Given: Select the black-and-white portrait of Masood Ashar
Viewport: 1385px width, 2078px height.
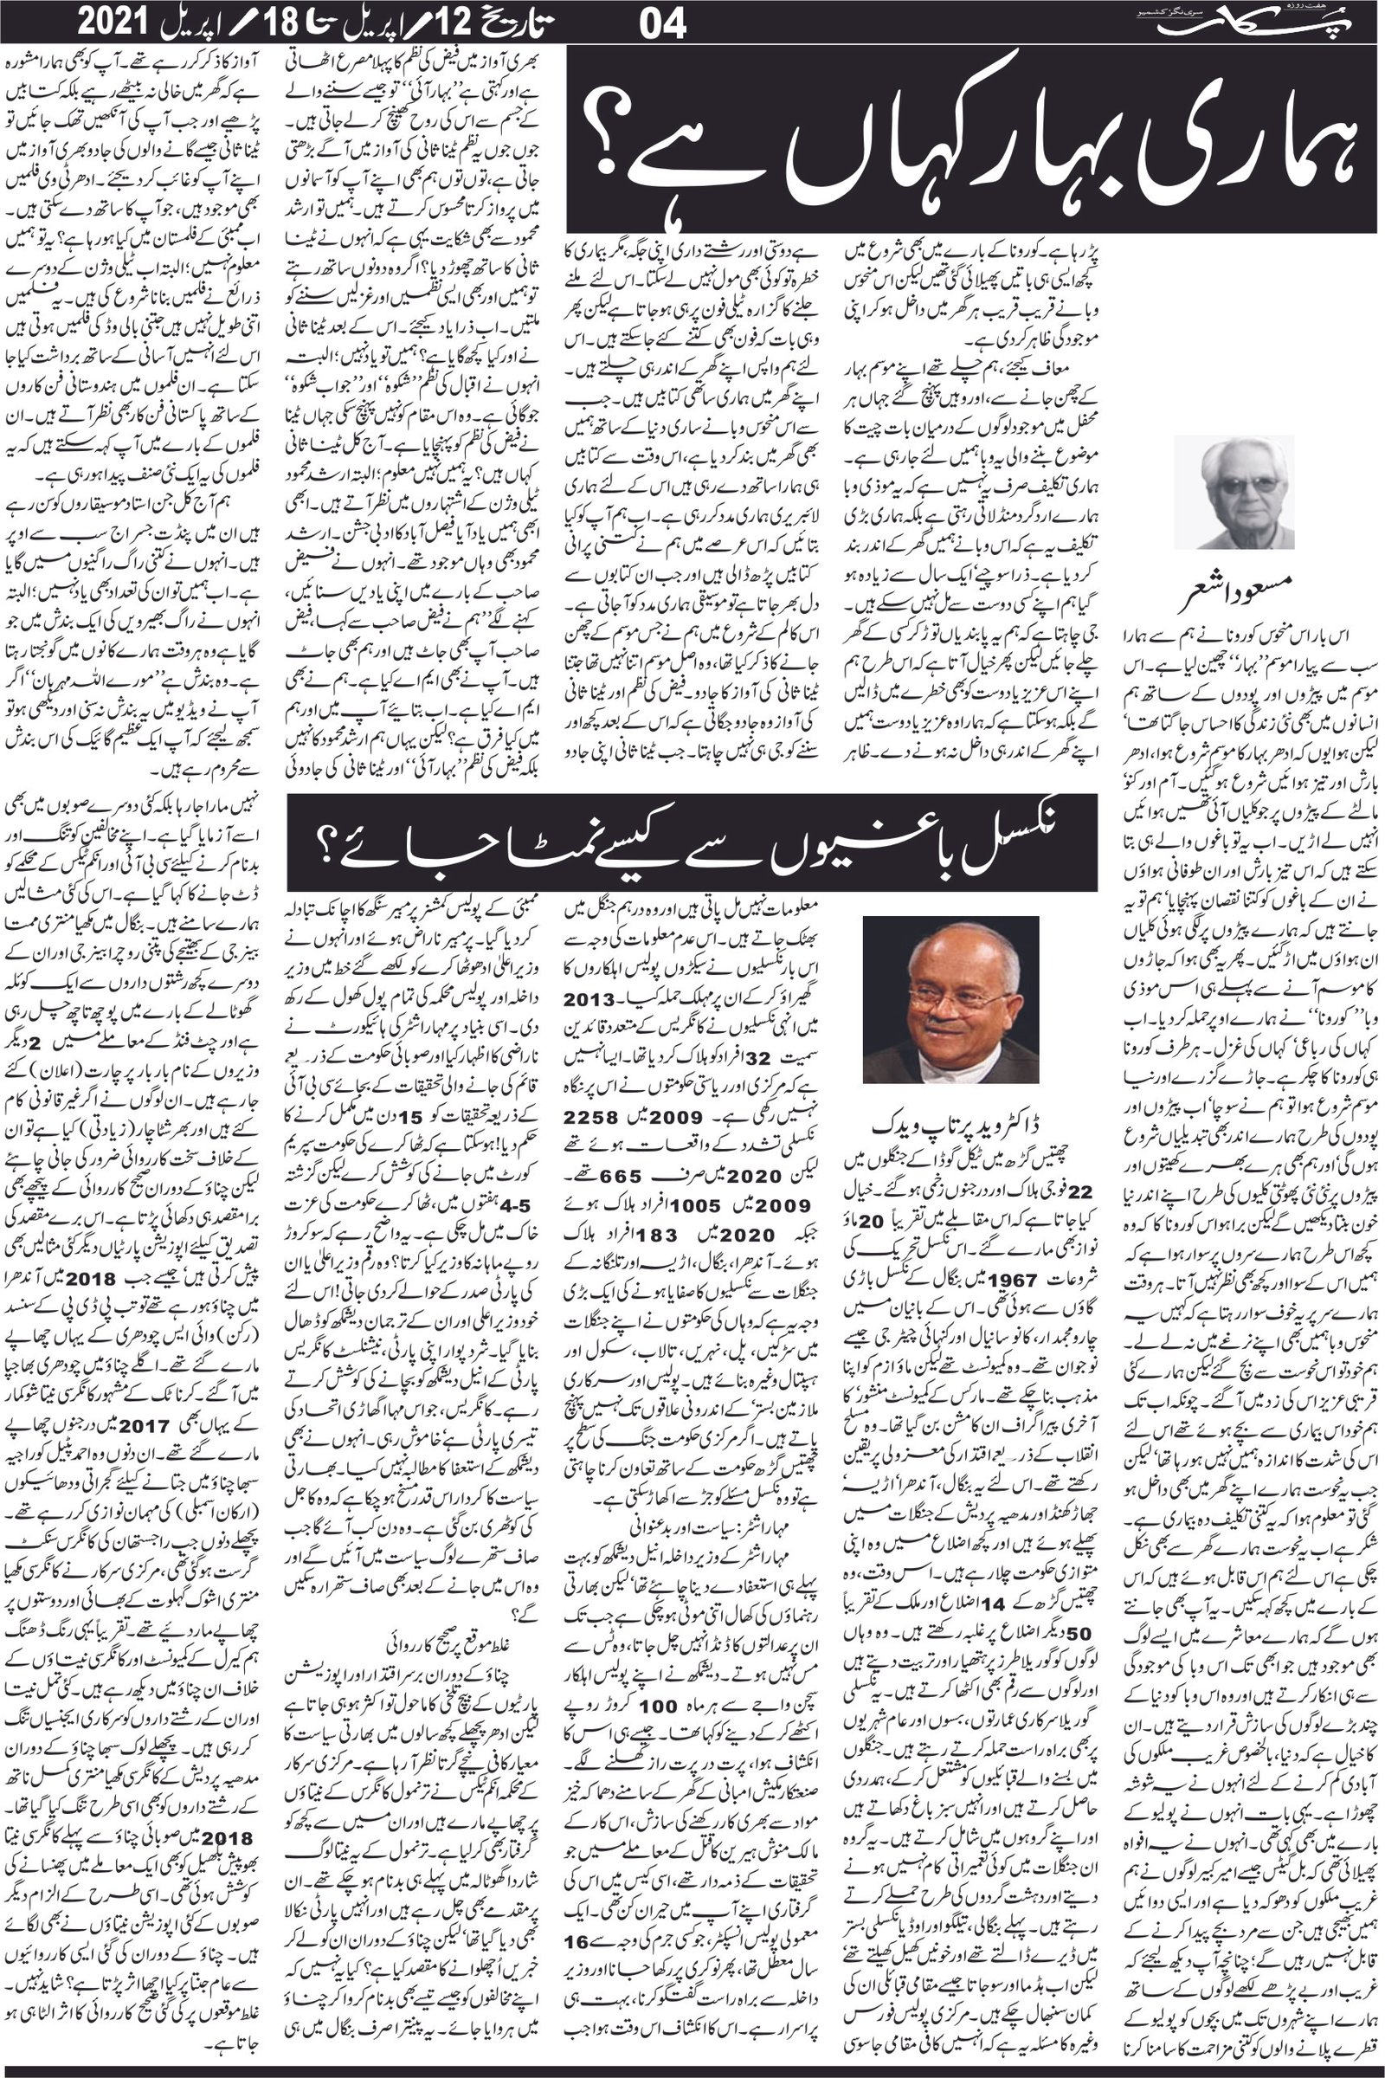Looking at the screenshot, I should [1234, 491].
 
